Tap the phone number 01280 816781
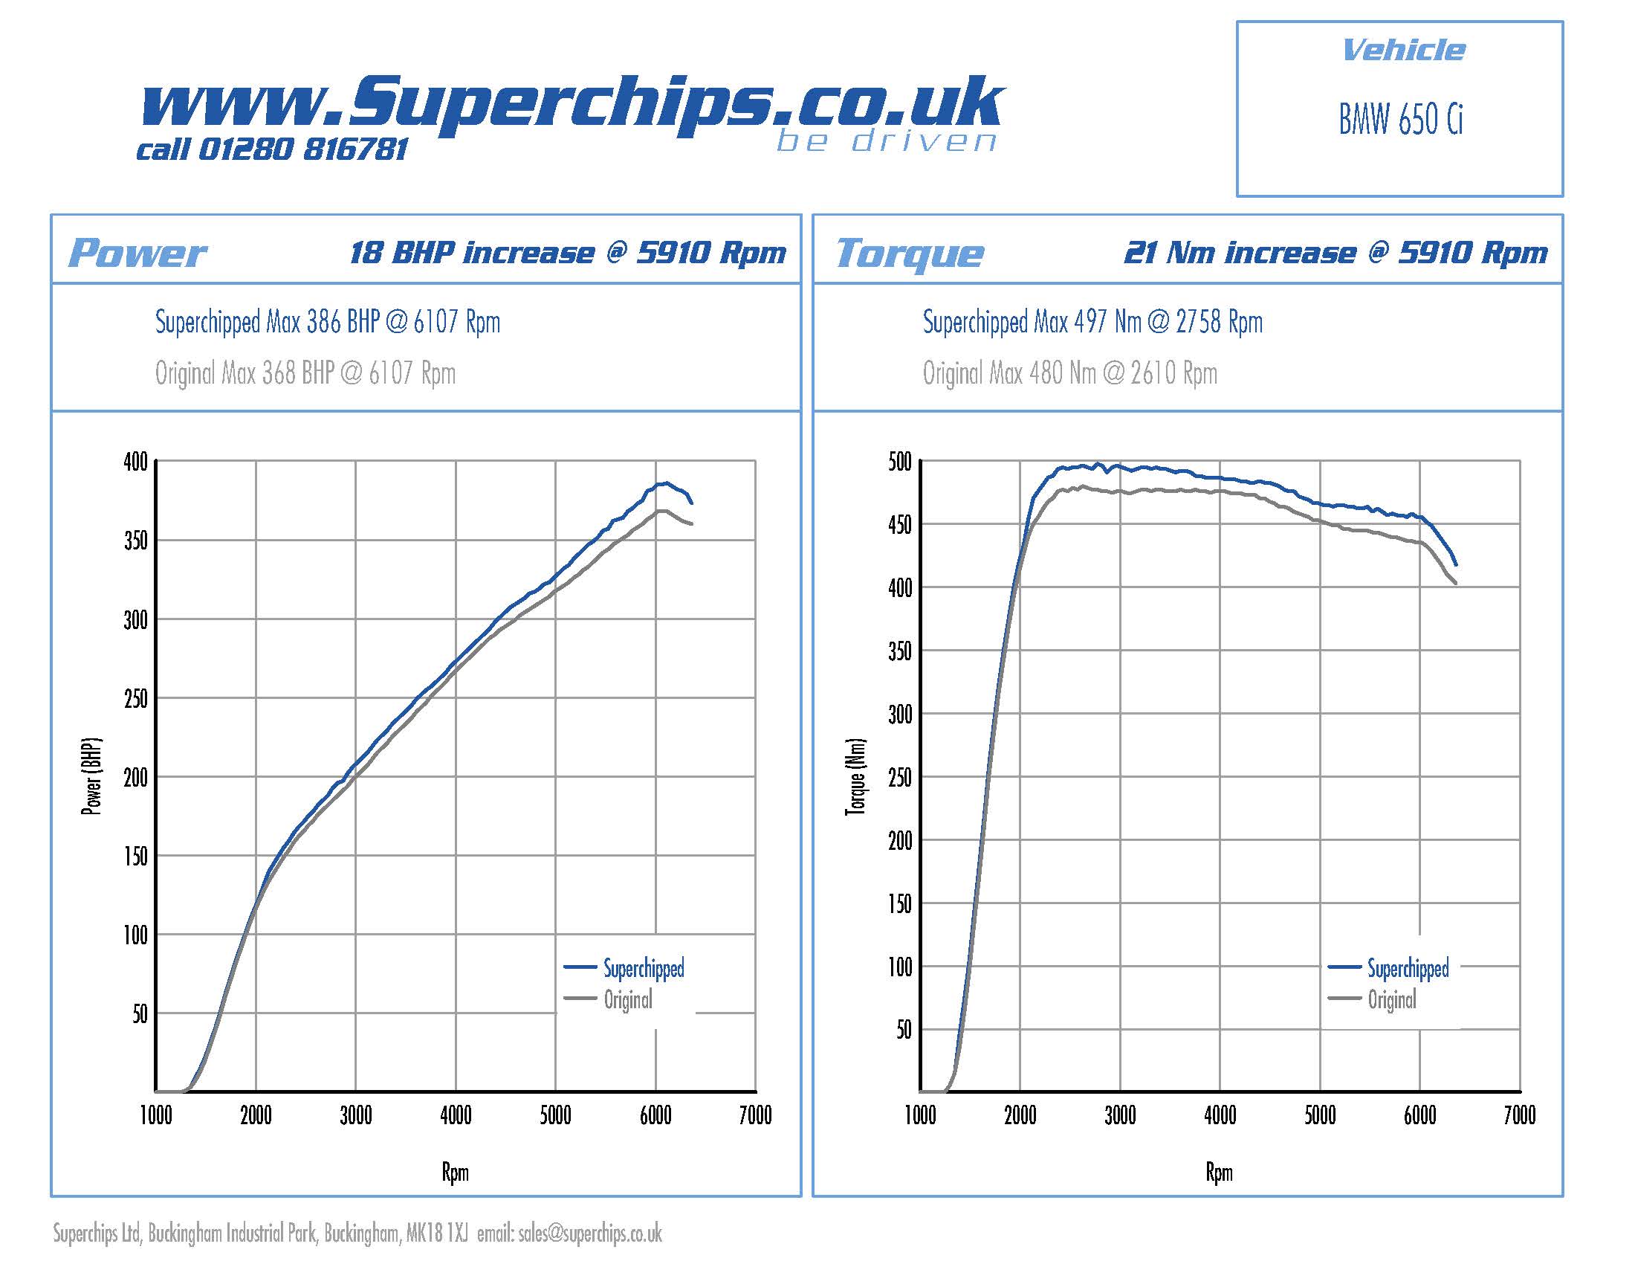302,149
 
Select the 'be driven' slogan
887,141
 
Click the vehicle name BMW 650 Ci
1400,120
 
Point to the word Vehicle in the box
1403,51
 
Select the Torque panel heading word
909,253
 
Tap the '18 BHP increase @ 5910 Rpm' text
568,253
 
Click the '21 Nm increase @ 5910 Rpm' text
1335,253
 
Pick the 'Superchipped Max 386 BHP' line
327,322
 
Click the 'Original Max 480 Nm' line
1069,373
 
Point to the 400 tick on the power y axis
135,462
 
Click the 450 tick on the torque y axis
899,525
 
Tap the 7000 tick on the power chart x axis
754,1116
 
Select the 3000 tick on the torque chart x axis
1120,1116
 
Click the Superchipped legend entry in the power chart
643,968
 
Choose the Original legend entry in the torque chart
1392,999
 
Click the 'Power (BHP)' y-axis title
91,777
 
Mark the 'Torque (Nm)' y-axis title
855,777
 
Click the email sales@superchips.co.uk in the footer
590,1234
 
